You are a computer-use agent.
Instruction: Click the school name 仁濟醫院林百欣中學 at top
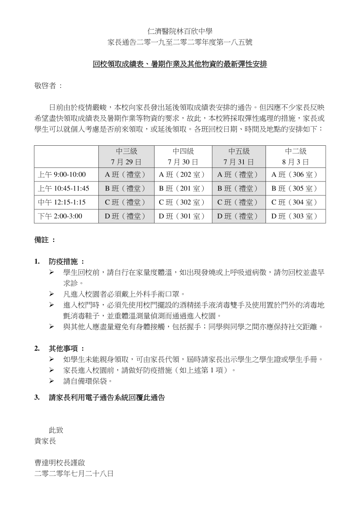coord(180,31)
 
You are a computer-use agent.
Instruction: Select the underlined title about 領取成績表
coord(180,64)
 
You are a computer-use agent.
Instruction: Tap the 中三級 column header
coord(126,151)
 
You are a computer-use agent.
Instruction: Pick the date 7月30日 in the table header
coord(183,162)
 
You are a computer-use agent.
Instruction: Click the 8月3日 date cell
coord(296,162)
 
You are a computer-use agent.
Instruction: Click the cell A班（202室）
coord(183,175)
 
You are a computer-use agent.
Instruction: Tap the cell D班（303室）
coord(296,216)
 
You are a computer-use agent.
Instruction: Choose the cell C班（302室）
coord(183,202)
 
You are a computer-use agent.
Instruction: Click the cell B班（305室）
coord(296,188)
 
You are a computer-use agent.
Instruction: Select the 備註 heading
coord(44,240)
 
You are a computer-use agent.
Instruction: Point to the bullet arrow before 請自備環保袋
coord(51,381)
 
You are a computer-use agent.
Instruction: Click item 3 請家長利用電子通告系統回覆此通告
coord(107,397)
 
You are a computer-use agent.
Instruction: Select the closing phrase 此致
coord(56,430)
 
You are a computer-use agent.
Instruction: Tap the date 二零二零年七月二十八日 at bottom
coord(74,474)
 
